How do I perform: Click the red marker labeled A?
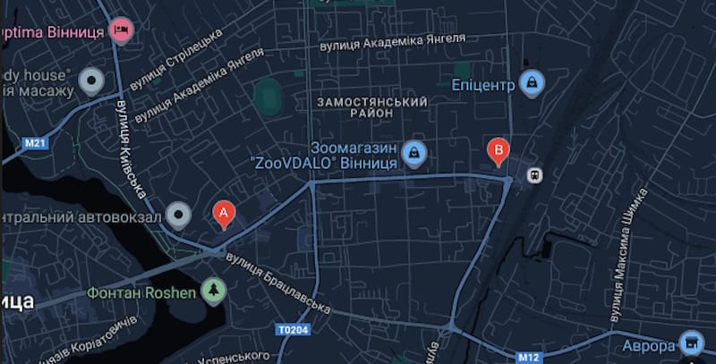coord(224,214)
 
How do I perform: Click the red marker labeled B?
coord(499,150)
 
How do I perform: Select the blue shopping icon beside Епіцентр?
coord(532,84)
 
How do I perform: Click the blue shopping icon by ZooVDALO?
coord(413,154)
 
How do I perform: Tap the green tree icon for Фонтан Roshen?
coord(213,290)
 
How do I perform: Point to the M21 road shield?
coord(36,143)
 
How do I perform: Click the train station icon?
coord(534,175)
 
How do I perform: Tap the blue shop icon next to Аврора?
coord(690,343)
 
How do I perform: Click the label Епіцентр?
coord(483,86)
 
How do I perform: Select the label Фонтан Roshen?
coord(141,292)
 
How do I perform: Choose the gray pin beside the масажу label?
coord(91,81)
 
